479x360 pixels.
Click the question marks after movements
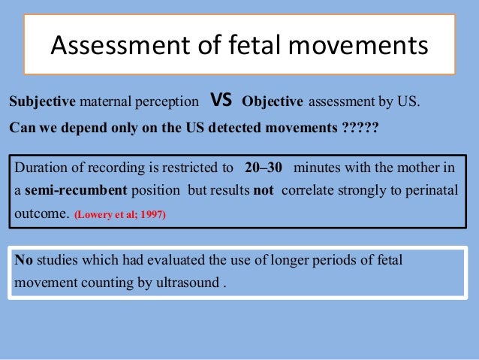click(x=360, y=126)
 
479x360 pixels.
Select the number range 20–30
click(x=263, y=167)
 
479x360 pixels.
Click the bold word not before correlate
click(x=264, y=189)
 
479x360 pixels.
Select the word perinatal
click(x=435, y=189)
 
